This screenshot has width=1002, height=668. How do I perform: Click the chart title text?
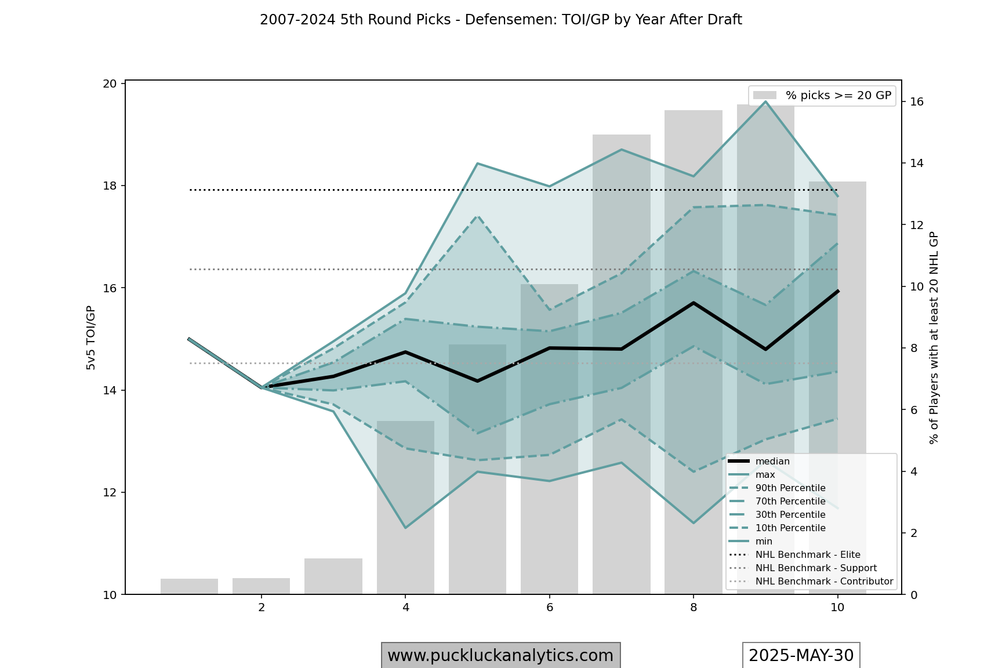pyautogui.click(x=500, y=20)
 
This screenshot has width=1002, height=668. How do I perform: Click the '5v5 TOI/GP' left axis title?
pyautogui.click(x=90, y=337)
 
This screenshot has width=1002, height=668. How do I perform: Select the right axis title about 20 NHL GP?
pyautogui.click(x=934, y=337)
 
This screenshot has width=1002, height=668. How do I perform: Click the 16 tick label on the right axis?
pyautogui.click(x=917, y=102)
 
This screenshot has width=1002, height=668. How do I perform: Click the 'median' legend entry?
pyautogui.click(x=772, y=462)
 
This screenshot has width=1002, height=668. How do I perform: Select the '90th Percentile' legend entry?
pyautogui.click(x=790, y=488)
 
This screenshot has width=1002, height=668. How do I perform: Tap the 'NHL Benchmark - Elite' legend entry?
pyautogui.click(x=807, y=555)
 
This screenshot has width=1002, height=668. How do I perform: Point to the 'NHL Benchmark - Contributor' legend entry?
pyautogui.click(x=823, y=582)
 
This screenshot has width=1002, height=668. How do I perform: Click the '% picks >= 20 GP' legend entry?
pyautogui.click(x=837, y=96)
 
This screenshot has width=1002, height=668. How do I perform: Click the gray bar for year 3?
pyautogui.click(x=333, y=576)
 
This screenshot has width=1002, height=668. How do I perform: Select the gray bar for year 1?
pyautogui.click(x=189, y=586)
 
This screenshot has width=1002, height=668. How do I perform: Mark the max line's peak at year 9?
pyautogui.click(x=765, y=101)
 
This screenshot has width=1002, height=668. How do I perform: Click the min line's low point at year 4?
pyautogui.click(x=405, y=528)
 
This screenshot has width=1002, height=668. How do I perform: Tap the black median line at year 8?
pyautogui.click(x=694, y=303)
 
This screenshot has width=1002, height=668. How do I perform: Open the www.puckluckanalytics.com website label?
pyautogui.click(x=500, y=656)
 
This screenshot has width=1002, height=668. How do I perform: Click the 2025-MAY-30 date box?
pyautogui.click(x=801, y=656)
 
